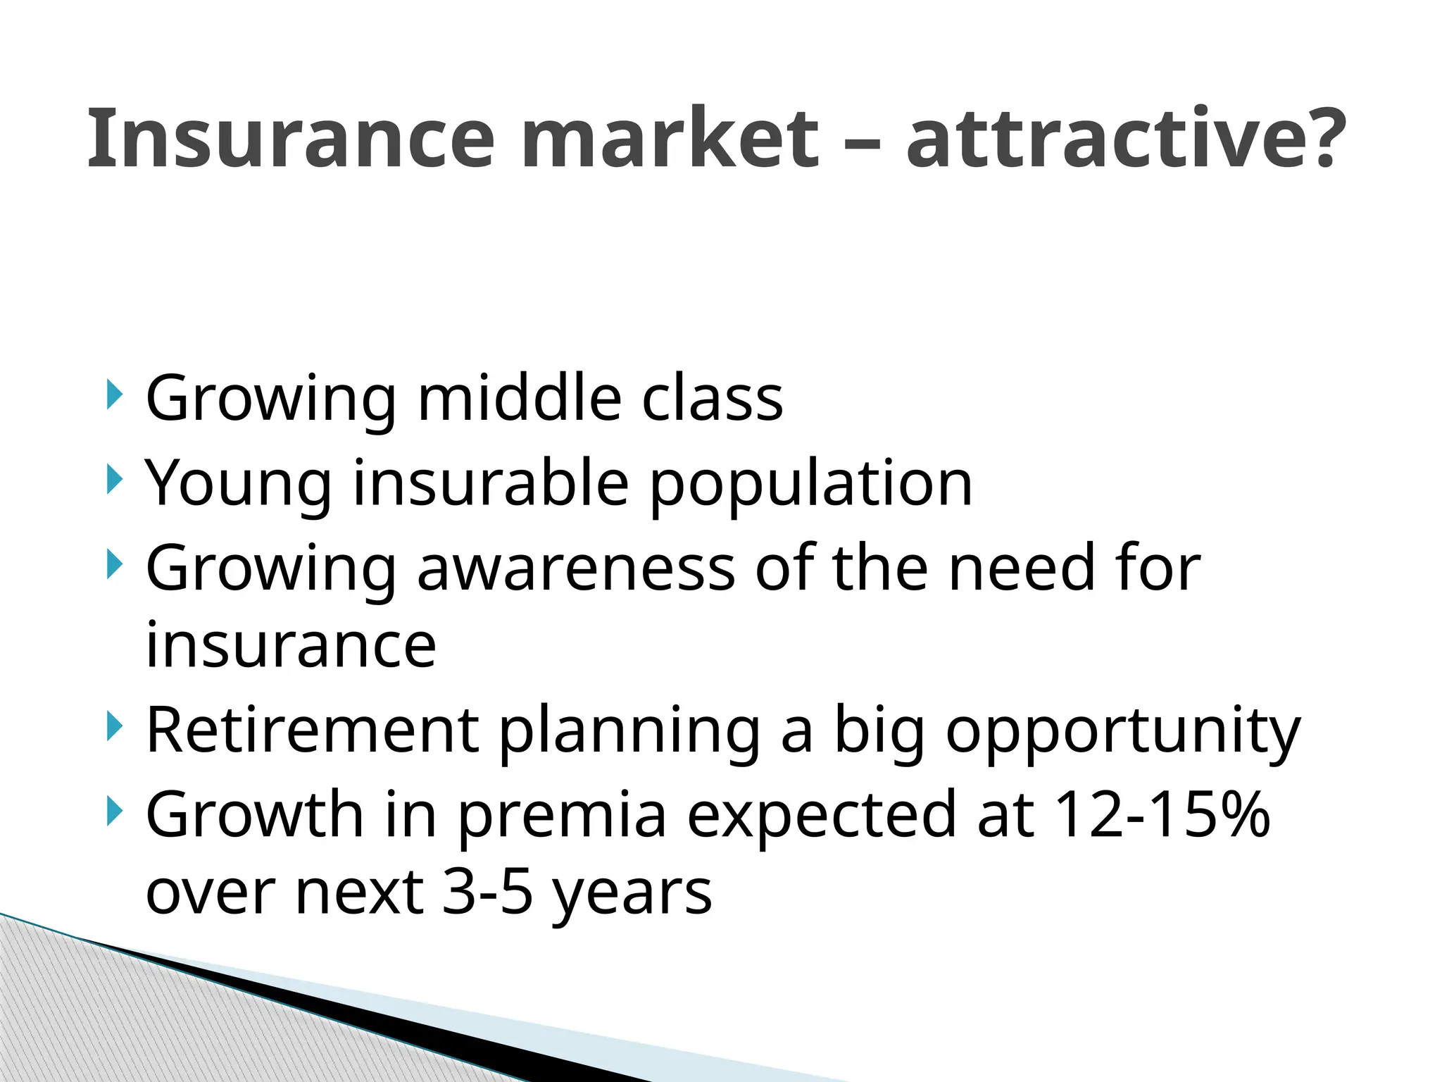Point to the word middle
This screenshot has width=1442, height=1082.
click(520, 399)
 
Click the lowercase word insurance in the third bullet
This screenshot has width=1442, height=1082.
click(291, 645)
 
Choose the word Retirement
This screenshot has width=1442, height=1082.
click(312, 731)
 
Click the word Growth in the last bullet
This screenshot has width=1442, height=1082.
click(254, 814)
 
